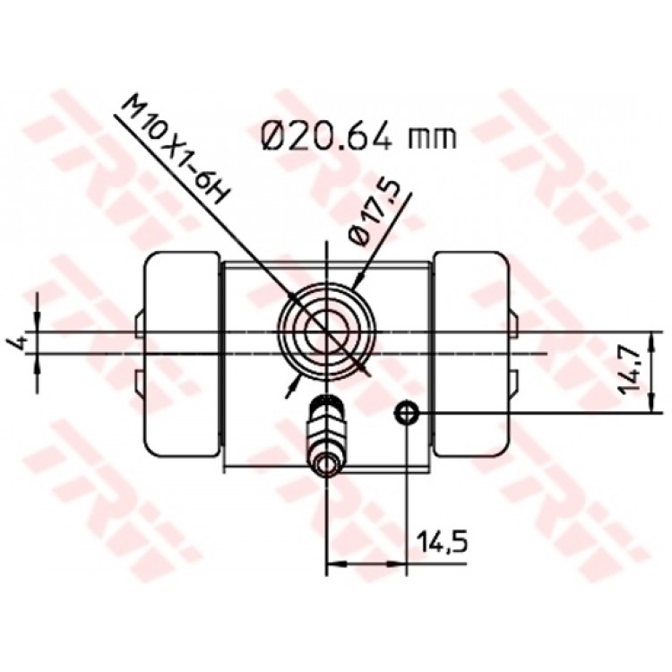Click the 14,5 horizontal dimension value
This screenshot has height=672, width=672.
click(x=442, y=543)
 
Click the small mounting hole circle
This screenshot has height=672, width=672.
click(x=406, y=413)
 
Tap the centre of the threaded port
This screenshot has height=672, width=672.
click(x=326, y=332)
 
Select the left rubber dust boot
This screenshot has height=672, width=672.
click(x=182, y=353)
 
